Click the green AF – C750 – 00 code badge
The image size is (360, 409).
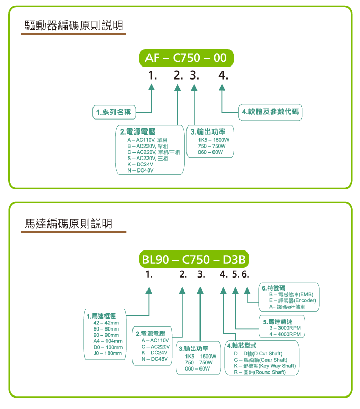(x=186, y=58)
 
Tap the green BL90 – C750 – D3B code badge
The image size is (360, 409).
(x=194, y=259)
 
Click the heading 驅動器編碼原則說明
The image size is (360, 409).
(x=74, y=25)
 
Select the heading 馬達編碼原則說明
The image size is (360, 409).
(x=68, y=223)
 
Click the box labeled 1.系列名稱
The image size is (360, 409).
(x=114, y=112)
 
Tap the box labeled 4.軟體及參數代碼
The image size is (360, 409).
(x=270, y=112)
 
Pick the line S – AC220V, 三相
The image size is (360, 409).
(x=148, y=159)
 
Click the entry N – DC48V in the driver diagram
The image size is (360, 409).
(x=140, y=170)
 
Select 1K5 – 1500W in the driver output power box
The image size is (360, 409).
(x=214, y=140)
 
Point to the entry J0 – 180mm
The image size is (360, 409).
(x=108, y=353)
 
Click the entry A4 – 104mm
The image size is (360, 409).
(x=108, y=341)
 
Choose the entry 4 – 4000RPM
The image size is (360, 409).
(x=285, y=334)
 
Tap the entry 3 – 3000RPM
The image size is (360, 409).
(x=285, y=328)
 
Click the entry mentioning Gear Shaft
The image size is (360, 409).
(x=260, y=360)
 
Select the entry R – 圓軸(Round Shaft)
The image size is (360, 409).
(x=260, y=372)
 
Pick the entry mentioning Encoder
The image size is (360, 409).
(x=292, y=300)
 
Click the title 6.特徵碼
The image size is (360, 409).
(x=273, y=288)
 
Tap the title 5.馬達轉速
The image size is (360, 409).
(x=277, y=322)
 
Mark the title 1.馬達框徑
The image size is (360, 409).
(x=101, y=316)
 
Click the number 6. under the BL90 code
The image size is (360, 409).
(x=245, y=274)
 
